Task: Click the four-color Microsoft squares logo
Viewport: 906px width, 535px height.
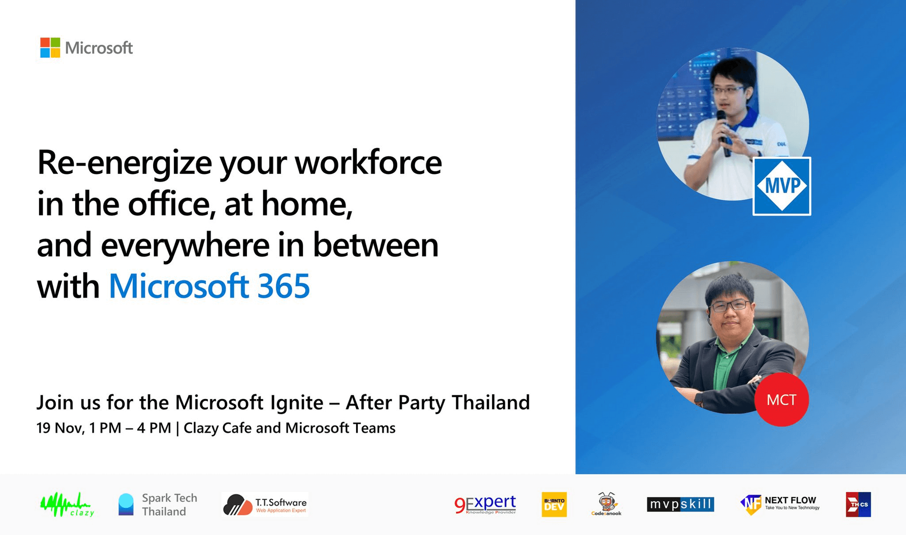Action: pos(50,48)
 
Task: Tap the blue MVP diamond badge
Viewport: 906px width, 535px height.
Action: pos(782,186)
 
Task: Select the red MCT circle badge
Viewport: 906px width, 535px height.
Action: pos(781,400)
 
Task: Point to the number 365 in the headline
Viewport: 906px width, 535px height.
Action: pos(284,286)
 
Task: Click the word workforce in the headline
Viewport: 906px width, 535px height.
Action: pos(368,163)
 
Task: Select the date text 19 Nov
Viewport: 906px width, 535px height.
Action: pos(61,428)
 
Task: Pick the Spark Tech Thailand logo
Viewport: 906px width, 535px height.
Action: pos(158,505)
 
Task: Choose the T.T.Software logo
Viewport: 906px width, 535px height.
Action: pos(265,505)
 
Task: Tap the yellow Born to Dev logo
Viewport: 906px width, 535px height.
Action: pos(554,505)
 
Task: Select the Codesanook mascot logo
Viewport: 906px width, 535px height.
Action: pos(606,504)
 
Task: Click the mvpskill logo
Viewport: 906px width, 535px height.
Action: pos(680,504)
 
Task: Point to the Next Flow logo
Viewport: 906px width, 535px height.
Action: pos(780,504)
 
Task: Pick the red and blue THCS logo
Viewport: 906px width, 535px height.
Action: pos(858,505)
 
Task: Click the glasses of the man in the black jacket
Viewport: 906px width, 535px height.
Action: pos(731,306)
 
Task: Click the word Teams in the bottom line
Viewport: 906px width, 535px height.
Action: pos(374,428)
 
